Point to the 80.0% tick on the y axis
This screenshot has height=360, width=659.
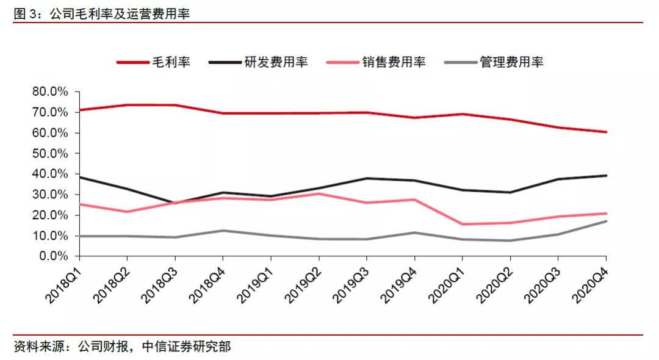pos(51,92)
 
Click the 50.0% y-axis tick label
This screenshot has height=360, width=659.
pos(51,153)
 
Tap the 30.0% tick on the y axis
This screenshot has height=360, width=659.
pos(51,195)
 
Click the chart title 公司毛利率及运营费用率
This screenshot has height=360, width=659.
pos(119,13)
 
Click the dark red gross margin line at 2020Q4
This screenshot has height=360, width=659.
pos(606,132)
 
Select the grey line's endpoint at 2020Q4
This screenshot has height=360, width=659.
pos(606,221)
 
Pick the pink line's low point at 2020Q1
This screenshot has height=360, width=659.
pos(463,224)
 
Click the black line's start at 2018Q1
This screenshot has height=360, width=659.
pos(79,177)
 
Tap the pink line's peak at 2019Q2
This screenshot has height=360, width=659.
pos(319,193)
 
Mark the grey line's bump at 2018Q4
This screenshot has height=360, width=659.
pos(223,230)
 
